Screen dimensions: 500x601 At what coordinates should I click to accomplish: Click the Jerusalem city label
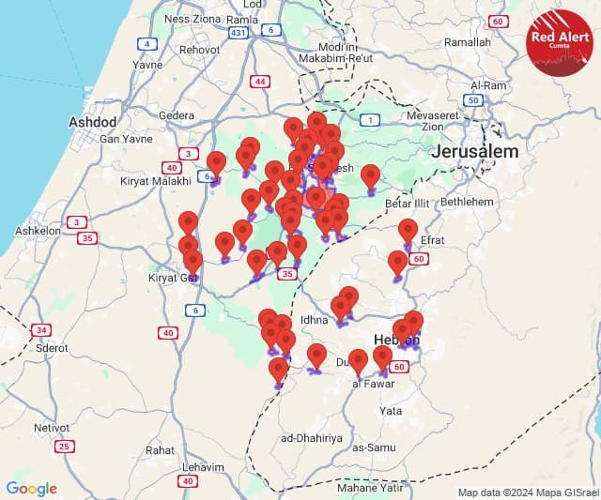[476, 152]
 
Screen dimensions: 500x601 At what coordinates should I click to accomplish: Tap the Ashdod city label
[93, 123]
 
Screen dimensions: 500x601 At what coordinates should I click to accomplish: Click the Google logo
[31, 489]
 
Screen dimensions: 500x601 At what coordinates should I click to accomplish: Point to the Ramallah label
[468, 43]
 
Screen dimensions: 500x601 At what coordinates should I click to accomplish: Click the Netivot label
[52, 427]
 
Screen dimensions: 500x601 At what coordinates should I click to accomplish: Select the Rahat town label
[160, 450]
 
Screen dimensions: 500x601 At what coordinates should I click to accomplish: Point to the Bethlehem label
[467, 202]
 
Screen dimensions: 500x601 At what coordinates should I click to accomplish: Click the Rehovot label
[199, 49]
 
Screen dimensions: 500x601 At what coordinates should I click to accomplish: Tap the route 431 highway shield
[239, 32]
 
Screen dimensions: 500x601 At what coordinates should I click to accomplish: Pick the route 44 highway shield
[259, 82]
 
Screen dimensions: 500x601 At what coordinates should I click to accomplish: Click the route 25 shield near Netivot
[65, 446]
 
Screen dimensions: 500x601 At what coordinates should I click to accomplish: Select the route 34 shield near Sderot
[40, 330]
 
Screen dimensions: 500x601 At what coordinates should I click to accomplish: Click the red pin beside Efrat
[408, 229]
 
